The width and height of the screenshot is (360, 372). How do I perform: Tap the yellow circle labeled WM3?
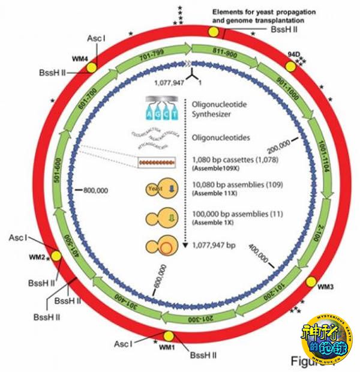(312, 282)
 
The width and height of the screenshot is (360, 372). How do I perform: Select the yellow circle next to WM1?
(169, 337)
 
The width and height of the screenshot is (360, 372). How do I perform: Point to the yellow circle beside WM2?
(56, 256)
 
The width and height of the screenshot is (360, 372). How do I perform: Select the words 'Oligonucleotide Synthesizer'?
(222, 108)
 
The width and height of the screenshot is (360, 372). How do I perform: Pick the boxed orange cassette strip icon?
(156, 162)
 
